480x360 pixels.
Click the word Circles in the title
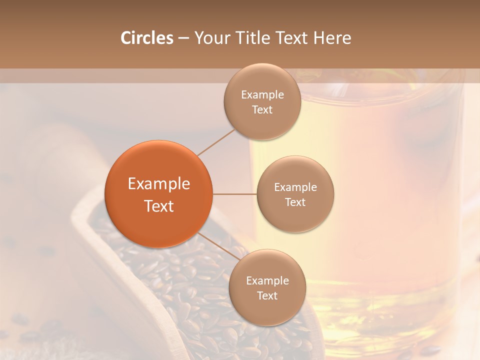146,38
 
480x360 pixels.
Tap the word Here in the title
332,38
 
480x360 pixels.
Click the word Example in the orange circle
158,184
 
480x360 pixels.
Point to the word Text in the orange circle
158,206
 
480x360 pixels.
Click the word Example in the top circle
262,95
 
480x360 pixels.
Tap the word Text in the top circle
262,110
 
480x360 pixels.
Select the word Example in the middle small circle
295,187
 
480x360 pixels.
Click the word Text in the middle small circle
295,202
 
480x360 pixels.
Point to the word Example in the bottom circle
267,281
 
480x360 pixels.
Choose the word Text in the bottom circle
267,296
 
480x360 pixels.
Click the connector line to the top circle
215,141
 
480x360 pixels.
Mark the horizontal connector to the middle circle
234,194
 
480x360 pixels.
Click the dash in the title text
183,38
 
